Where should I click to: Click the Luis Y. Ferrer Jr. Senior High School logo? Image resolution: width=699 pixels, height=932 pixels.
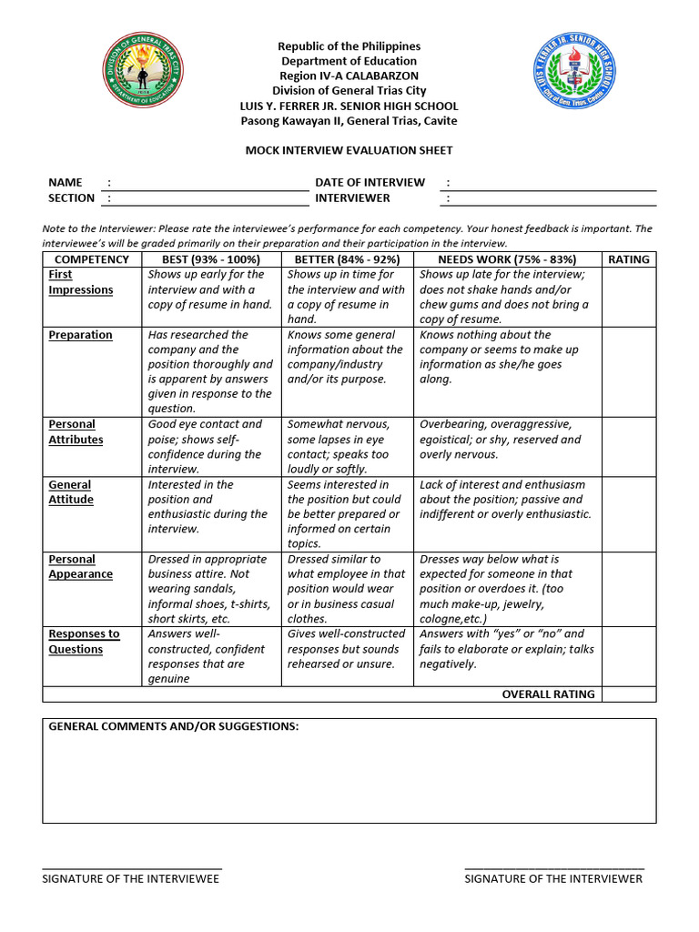tap(573, 73)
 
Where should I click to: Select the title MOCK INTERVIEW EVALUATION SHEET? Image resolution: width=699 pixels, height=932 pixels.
tap(349, 150)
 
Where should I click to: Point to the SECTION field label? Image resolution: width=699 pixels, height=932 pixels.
tap(71, 198)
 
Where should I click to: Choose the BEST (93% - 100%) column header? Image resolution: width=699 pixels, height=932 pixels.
tap(211, 259)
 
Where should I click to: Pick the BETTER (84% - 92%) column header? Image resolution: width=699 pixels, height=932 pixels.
tap(348, 259)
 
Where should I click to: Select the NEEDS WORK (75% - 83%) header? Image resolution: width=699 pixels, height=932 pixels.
tap(507, 259)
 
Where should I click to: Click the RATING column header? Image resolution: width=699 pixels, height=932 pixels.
tap(629, 259)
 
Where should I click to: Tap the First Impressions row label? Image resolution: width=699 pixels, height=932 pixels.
tap(80, 282)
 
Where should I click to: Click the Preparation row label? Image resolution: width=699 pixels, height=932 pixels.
tap(80, 335)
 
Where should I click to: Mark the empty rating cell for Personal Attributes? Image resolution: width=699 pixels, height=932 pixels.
tap(629, 447)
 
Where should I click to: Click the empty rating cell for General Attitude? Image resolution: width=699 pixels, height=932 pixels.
tap(629, 513)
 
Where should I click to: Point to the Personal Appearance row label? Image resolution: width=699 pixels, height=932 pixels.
tap(80, 566)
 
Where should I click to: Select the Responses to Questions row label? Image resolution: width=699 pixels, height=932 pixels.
tap(84, 642)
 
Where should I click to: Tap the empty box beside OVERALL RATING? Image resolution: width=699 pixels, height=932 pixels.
tap(629, 694)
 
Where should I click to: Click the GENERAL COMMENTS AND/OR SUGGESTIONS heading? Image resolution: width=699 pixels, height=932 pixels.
tap(173, 726)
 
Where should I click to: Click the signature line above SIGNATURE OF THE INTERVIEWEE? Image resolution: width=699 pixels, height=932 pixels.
tap(132, 867)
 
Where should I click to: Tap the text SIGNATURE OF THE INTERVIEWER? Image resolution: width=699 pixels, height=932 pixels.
tap(553, 878)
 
